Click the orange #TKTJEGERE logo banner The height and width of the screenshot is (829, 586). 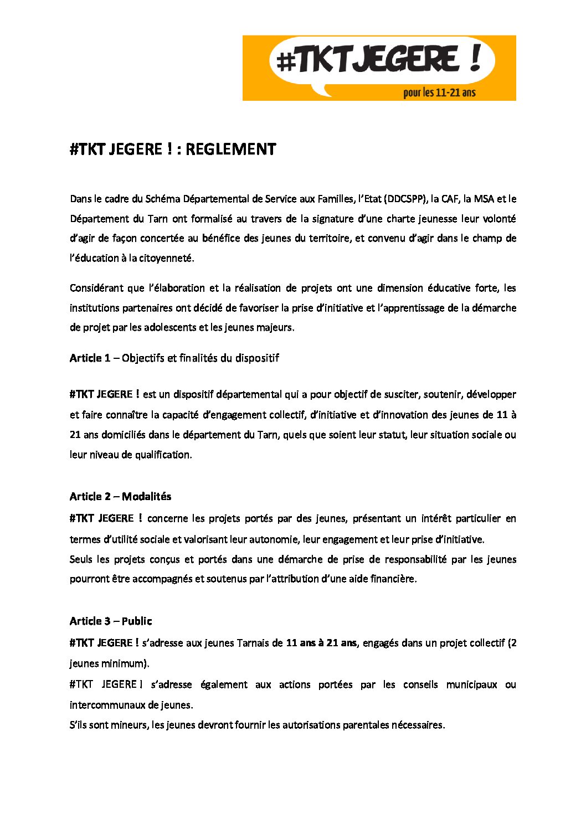coord(379,68)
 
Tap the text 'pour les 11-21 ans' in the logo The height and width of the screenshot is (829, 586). coord(439,92)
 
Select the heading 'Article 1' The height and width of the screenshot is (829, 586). coord(90,358)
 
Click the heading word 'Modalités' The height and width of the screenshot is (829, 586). coord(146,496)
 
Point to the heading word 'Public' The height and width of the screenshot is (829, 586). coord(137,621)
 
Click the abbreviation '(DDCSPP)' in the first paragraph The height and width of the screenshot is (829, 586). coord(406,199)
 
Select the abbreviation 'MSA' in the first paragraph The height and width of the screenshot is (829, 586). coord(484,199)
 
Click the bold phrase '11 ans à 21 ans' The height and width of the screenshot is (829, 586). coord(321,643)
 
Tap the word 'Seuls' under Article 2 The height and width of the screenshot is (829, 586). coord(81,559)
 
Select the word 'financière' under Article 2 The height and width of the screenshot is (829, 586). coord(393,579)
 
